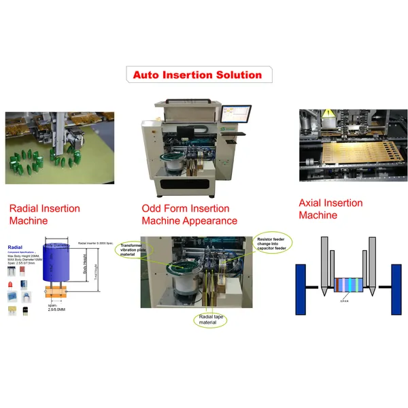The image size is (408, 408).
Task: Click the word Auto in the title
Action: pos(147,75)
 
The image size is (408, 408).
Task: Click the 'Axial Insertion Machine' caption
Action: pos(330,209)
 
